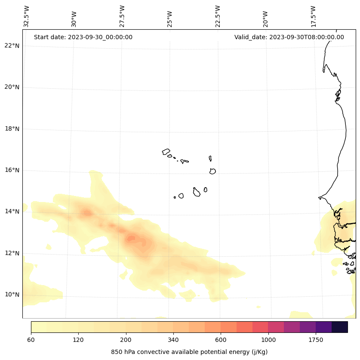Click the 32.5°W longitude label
[27, 17]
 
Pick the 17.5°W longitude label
[314, 17]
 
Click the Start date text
[83, 37]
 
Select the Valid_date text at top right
[289, 37]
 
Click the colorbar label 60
[31, 340]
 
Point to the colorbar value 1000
[268, 340]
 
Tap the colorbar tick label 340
[173, 340]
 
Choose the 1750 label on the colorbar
[316, 340]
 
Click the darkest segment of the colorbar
[340, 327]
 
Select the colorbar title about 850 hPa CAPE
[189, 352]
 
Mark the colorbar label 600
[221, 340]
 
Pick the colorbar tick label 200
[126, 340]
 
